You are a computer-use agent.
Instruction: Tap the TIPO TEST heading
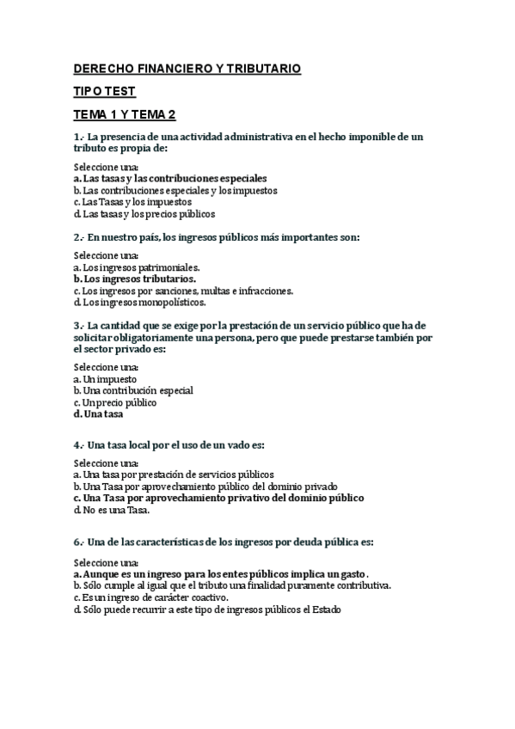(x=104, y=91)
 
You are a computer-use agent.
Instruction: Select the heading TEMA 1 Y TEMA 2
(x=124, y=115)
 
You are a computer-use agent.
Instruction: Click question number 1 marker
(x=78, y=138)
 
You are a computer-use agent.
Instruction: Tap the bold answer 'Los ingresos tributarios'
(x=135, y=279)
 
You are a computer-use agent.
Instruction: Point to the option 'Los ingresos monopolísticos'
(x=140, y=302)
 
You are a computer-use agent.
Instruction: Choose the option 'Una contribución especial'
(x=133, y=390)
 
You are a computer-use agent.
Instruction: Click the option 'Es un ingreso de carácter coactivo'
(x=150, y=597)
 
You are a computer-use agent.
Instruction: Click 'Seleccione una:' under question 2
(x=107, y=255)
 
